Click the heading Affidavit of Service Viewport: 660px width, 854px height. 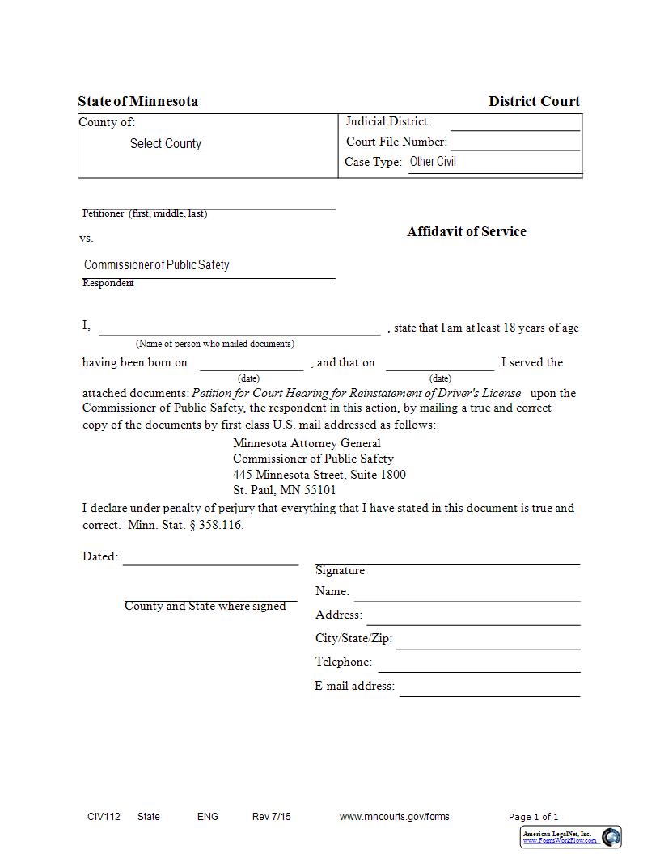tap(466, 231)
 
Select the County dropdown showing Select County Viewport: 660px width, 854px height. tap(166, 144)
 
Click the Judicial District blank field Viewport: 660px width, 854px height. tap(514, 123)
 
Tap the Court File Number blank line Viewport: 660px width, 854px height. tap(514, 142)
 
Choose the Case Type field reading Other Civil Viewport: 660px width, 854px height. tap(493, 162)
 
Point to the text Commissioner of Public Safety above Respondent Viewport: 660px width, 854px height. tap(157, 265)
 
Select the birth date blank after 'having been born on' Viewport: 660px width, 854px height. tap(251, 363)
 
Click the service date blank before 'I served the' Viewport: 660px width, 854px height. tap(439, 363)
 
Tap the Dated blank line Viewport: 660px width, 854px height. tap(210, 557)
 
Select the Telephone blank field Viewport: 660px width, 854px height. tap(479, 663)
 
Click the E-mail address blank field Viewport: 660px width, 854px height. tap(489, 687)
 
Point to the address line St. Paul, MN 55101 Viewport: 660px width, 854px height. tap(285, 490)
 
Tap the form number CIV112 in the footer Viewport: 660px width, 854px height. tap(104, 817)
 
